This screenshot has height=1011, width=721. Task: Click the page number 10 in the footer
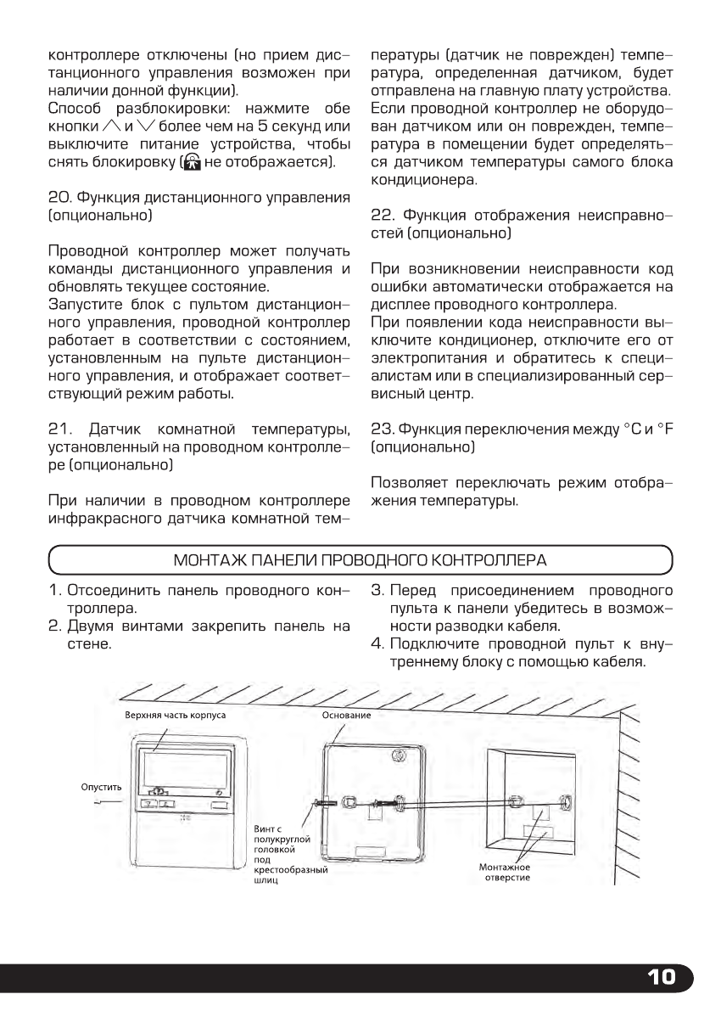coord(662,977)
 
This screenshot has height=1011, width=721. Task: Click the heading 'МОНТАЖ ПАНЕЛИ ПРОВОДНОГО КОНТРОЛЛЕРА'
coord(360,560)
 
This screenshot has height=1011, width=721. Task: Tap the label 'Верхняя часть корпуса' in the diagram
coord(175,715)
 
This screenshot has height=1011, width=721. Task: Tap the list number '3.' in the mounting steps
coord(378,589)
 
